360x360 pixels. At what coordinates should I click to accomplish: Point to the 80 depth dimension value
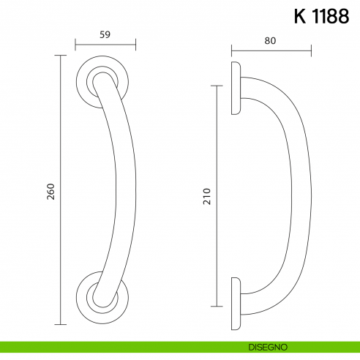coord(271,42)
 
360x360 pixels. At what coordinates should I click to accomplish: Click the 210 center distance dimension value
coord(206,196)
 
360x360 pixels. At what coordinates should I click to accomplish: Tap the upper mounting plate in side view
coord(236,88)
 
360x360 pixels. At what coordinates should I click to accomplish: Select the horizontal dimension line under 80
coord(271,51)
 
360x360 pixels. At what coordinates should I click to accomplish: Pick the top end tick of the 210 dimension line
coord(217,86)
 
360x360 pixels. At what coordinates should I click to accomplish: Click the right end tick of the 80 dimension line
coord(311,51)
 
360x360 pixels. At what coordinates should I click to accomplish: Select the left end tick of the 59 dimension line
coord(75,45)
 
